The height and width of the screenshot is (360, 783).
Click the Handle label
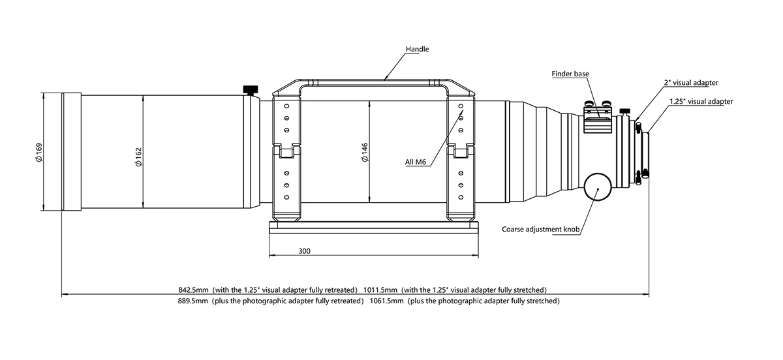click(x=417, y=50)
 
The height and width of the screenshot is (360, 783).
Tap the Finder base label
click(x=570, y=74)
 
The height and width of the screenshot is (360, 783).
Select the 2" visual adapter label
click(x=691, y=83)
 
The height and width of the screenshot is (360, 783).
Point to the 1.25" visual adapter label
click(x=701, y=101)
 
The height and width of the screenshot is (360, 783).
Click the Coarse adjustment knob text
click(x=541, y=230)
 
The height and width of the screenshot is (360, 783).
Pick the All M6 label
click(x=416, y=162)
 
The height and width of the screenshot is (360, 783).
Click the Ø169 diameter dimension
click(x=38, y=153)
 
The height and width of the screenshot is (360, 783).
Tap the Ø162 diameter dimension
click(x=139, y=157)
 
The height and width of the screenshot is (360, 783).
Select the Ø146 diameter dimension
click(x=365, y=153)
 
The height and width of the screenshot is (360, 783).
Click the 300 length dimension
click(x=304, y=251)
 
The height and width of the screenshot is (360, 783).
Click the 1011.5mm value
click(x=380, y=290)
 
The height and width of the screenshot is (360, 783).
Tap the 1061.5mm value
click(x=386, y=301)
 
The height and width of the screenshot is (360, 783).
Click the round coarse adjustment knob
click(x=598, y=187)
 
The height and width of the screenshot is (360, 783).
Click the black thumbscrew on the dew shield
click(x=251, y=90)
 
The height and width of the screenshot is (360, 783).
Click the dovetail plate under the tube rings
click(x=374, y=227)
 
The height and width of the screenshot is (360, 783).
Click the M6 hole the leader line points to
click(x=461, y=106)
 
